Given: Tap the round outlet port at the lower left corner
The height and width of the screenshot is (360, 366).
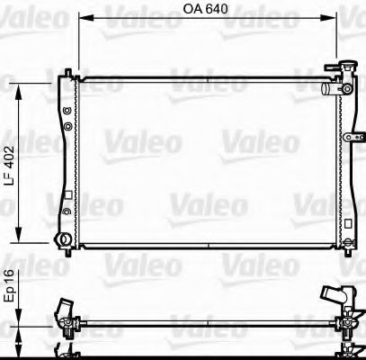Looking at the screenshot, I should point(63,239).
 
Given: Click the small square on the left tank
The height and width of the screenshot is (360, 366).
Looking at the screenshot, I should point(68,197).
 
